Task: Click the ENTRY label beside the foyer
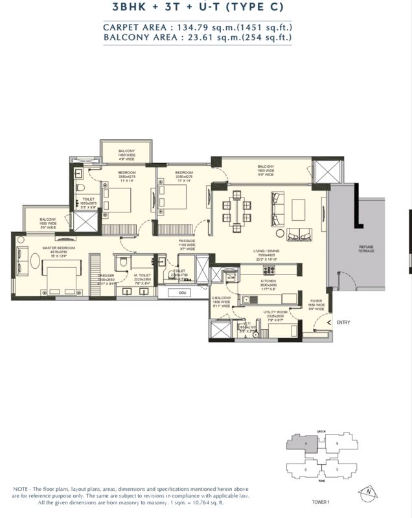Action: [343, 322]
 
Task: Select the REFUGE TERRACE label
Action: [366, 249]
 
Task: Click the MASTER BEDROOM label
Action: [59, 247]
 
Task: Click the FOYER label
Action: [315, 301]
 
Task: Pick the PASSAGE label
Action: [187, 241]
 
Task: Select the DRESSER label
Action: [106, 275]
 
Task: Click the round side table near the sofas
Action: [279, 233]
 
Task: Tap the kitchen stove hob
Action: [247, 299]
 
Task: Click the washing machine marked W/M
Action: [231, 277]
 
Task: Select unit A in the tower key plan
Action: [301, 444]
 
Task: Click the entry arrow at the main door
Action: [329, 322]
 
